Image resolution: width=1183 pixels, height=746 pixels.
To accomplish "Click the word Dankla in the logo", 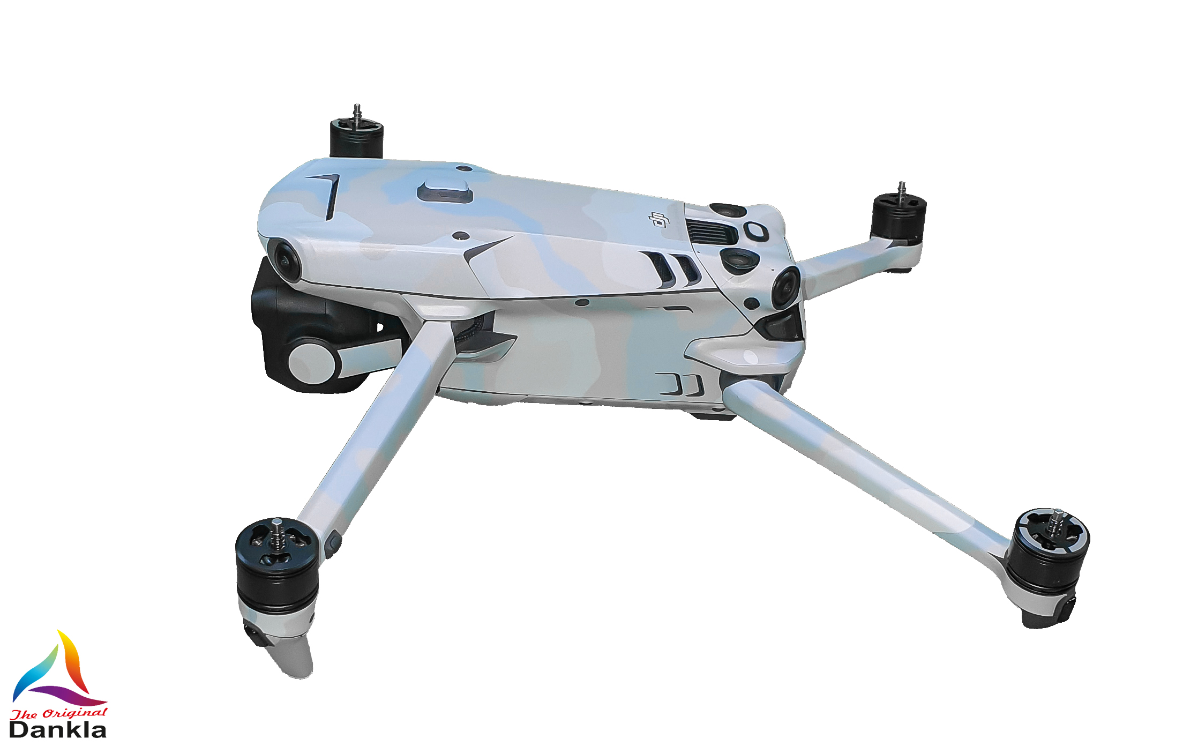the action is [x=58, y=730].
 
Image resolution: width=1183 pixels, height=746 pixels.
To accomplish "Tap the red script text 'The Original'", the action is [x=59, y=713].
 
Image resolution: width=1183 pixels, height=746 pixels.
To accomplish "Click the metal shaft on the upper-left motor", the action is [x=357, y=113].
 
